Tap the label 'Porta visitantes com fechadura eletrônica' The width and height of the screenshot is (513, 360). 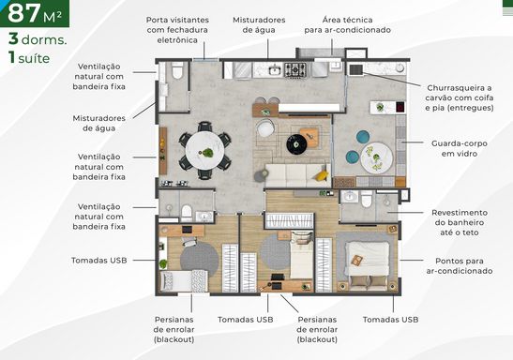point(177,30)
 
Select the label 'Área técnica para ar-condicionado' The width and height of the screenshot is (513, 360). point(347,25)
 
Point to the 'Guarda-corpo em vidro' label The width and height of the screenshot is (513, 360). point(459,148)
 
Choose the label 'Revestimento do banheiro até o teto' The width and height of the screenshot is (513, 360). point(460,223)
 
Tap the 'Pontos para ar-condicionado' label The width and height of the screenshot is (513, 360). point(460,266)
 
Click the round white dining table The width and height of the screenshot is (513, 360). point(204,150)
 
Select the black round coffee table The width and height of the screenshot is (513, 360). point(296,143)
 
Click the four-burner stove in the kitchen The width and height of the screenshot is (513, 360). point(295,70)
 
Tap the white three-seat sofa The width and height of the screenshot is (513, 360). point(297,175)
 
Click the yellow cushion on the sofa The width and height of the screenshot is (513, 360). point(322,176)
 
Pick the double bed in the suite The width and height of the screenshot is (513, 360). point(368,265)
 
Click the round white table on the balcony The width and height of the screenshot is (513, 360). point(377,157)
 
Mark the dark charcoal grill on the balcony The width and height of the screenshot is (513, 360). point(356,69)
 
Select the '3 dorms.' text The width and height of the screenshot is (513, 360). point(38,39)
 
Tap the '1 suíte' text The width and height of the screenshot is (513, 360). point(29,57)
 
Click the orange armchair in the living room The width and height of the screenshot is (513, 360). point(309,137)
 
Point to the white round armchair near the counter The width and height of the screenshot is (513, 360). point(265,127)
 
